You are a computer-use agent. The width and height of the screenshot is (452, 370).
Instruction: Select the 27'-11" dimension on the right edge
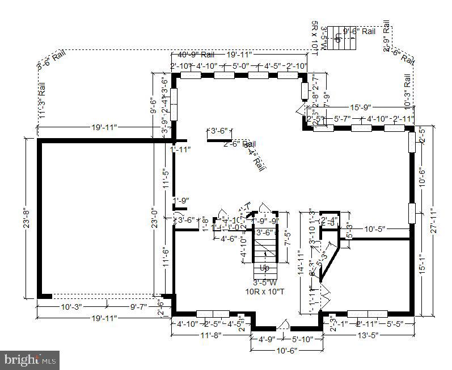pos(434,219)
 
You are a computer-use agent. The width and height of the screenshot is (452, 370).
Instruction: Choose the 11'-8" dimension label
pos(210,335)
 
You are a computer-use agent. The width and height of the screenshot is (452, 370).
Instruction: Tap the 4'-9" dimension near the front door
pos(266,339)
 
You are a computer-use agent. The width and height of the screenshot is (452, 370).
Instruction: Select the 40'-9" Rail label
pos(196,55)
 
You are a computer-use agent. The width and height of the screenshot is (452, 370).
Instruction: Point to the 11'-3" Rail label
pos(42,102)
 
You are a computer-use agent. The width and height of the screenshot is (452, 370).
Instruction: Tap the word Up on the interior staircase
pos(264,268)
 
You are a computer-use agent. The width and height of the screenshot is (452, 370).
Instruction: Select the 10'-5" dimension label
pos(374,229)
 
